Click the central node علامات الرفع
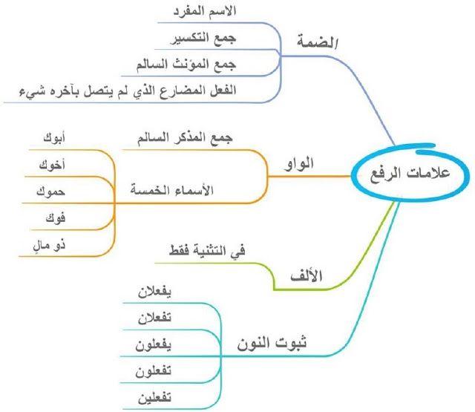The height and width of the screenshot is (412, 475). click(x=410, y=174)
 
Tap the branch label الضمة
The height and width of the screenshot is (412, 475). click(x=318, y=42)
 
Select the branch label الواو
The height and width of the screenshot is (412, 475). click(x=298, y=164)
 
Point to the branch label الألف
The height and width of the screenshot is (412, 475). click(x=307, y=276)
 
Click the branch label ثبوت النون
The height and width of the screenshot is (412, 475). click(x=272, y=344)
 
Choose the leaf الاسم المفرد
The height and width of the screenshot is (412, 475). click(x=205, y=11)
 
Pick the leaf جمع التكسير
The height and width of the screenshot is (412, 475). click(x=203, y=39)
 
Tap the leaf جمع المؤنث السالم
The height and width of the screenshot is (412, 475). click(x=186, y=65)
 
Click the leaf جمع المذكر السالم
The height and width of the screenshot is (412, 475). click(x=185, y=138)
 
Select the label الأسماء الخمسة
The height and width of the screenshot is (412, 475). click(x=172, y=190)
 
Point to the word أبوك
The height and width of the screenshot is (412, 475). click(x=54, y=138)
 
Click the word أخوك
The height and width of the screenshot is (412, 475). click(x=52, y=165)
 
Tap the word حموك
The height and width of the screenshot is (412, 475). click(x=50, y=192)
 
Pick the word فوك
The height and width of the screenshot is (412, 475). click(x=56, y=218)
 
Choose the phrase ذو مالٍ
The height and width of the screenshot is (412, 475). click(x=49, y=245)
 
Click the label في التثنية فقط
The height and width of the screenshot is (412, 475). click(x=207, y=251)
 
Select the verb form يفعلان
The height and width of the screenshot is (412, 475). click(x=154, y=292)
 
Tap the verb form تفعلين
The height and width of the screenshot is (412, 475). click(x=154, y=398)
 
